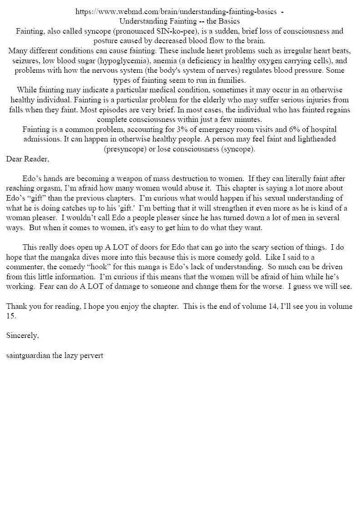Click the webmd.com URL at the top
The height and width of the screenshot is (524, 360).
[176, 12]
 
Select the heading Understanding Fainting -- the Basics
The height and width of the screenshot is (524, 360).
[180, 21]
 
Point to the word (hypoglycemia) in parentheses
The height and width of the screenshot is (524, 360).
[122, 61]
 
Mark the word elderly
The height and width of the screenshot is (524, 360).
[201, 100]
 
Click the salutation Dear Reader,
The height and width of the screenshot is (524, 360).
[28, 159]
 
